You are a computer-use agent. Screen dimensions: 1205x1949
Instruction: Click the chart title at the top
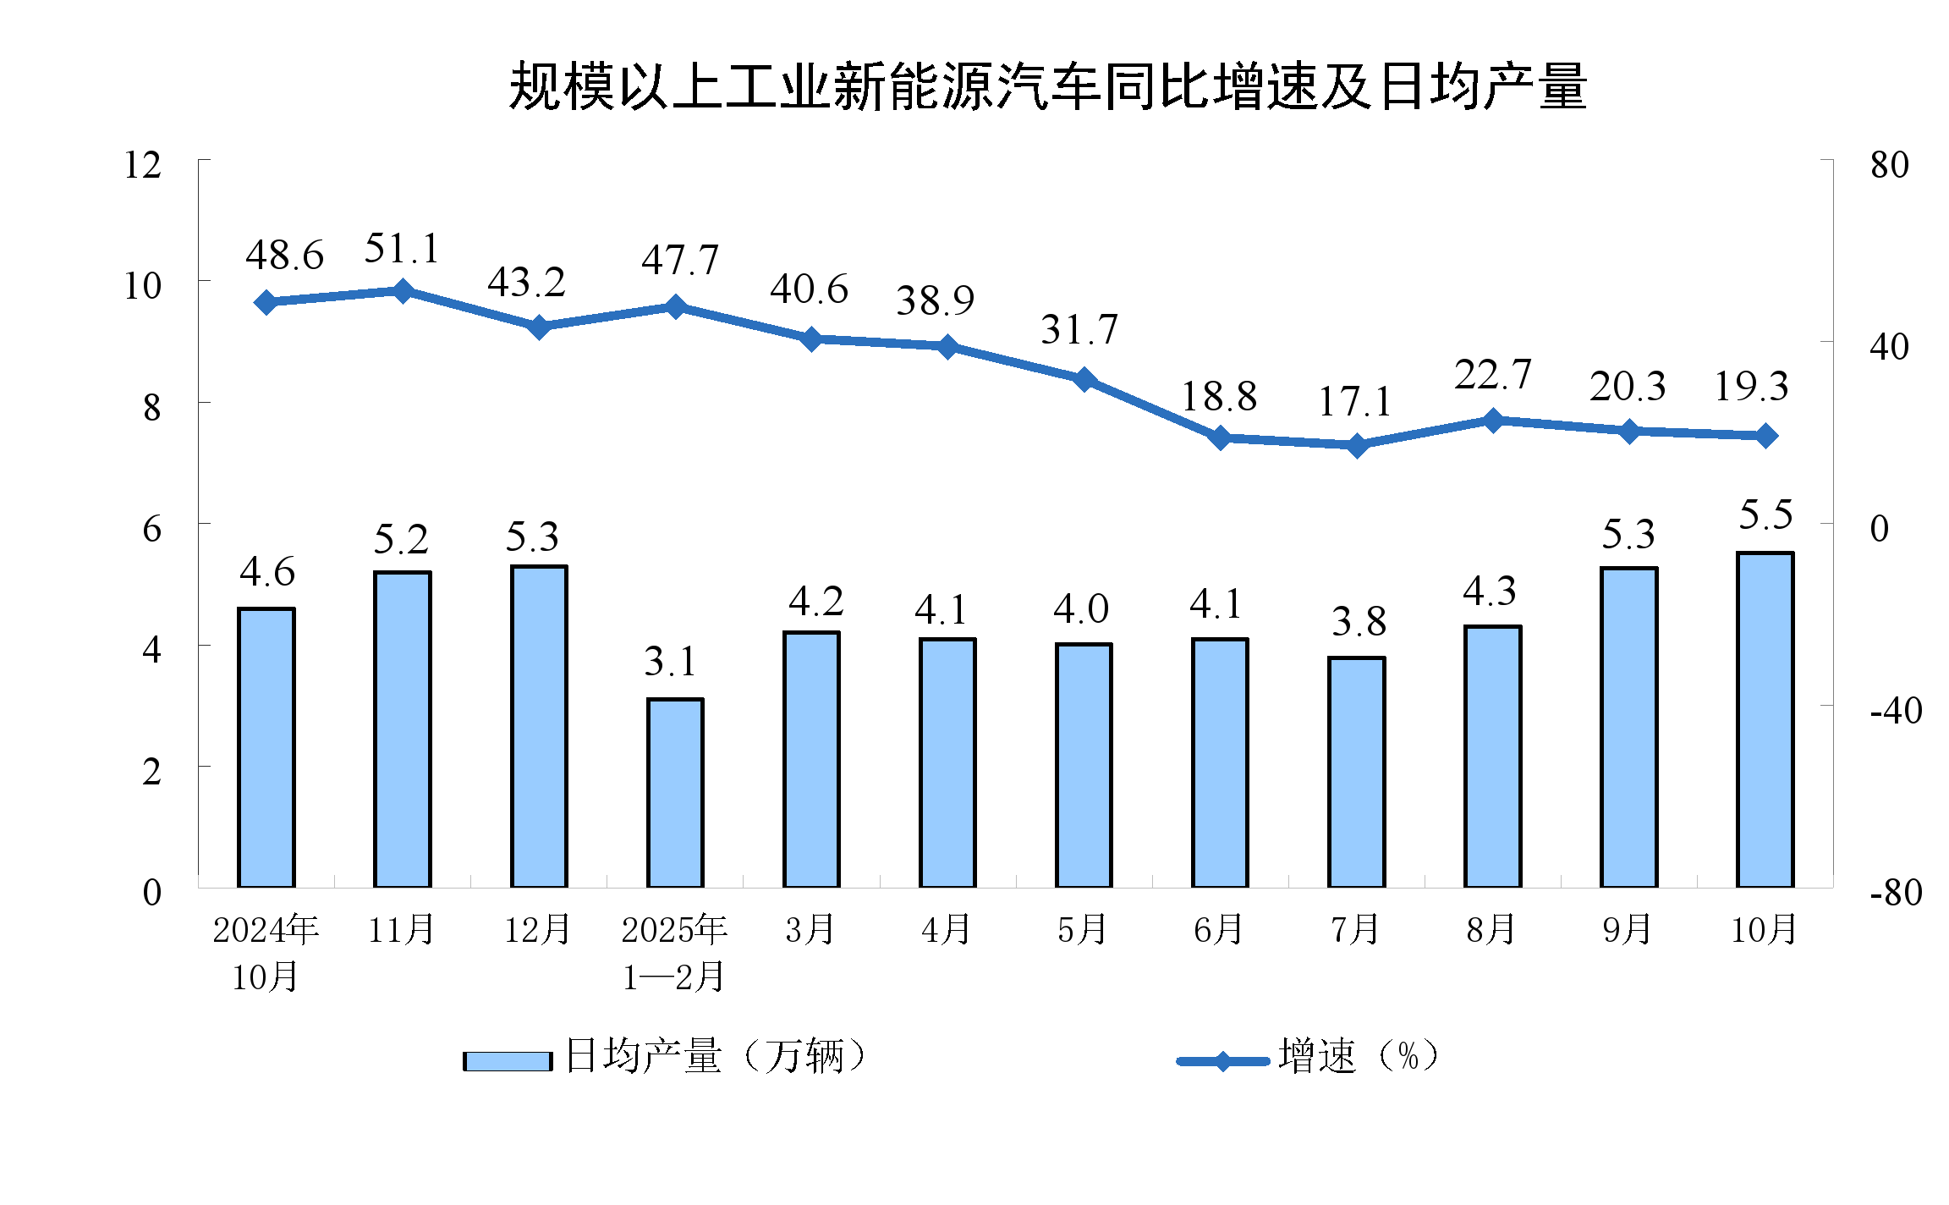1047,86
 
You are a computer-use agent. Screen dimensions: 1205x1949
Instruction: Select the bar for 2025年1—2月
675,792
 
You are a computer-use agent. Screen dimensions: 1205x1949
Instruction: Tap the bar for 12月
539,726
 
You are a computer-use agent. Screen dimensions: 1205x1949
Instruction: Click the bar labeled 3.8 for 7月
1357,772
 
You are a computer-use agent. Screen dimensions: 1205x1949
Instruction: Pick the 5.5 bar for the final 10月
1765,719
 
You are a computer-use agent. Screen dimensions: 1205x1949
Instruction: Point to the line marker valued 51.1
403,291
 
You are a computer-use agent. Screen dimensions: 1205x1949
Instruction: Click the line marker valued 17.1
1357,445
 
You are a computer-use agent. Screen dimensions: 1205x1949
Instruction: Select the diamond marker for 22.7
1493,420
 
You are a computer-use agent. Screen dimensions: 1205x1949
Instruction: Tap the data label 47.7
680,260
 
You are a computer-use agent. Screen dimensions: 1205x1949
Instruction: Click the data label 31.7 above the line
1079,329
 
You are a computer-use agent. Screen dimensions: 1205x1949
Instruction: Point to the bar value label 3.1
670,661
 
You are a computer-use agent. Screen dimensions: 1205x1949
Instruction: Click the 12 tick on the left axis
142,165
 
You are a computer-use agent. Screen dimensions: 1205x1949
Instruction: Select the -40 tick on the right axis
1896,710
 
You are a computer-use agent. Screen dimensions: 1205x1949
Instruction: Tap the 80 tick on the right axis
1890,165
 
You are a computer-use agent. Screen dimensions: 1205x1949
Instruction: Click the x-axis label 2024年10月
266,953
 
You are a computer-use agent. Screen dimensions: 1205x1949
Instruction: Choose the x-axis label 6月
1219,930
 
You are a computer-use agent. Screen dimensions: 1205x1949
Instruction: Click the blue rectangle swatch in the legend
508,1060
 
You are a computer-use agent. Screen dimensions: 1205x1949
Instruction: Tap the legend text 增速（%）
1359,1056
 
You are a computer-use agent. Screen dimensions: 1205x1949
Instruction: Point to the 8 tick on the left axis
151,408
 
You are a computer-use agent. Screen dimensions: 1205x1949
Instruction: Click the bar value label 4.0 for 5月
1081,608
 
